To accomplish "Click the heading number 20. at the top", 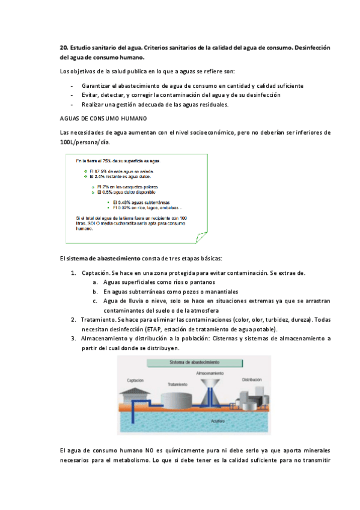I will point(64,48).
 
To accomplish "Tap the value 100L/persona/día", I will point(85,143).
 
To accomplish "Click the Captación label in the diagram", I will point(135,381).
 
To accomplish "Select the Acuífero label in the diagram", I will point(218,421).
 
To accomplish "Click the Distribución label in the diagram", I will point(252,380).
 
